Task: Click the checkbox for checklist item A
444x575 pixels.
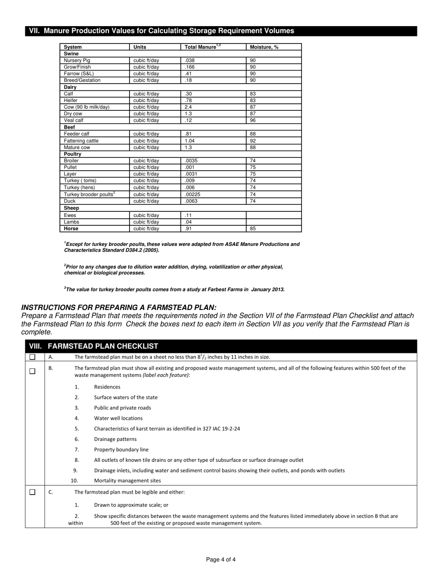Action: click(x=32, y=357)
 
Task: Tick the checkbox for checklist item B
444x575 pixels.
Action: click(x=32, y=372)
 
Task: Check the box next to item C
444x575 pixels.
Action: click(x=32, y=492)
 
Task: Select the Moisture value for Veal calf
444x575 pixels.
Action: click(x=253, y=120)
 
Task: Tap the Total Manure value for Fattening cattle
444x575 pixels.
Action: click(x=189, y=141)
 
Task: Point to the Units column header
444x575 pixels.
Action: click(x=140, y=47)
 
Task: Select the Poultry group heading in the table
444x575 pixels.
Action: click(x=72, y=154)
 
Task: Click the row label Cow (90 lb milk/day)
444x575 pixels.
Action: click(x=86, y=107)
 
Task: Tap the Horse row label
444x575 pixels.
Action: click(x=71, y=229)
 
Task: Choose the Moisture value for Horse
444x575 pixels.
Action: click(x=253, y=229)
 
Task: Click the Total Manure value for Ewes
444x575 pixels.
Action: click(x=188, y=216)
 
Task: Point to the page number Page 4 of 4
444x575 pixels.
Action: click(x=221, y=560)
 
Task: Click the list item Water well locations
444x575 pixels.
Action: click(x=118, y=418)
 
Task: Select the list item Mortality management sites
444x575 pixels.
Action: click(x=127, y=481)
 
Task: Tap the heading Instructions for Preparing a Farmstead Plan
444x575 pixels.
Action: click(x=119, y=307)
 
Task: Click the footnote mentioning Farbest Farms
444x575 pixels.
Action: click(x=174, y=289)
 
